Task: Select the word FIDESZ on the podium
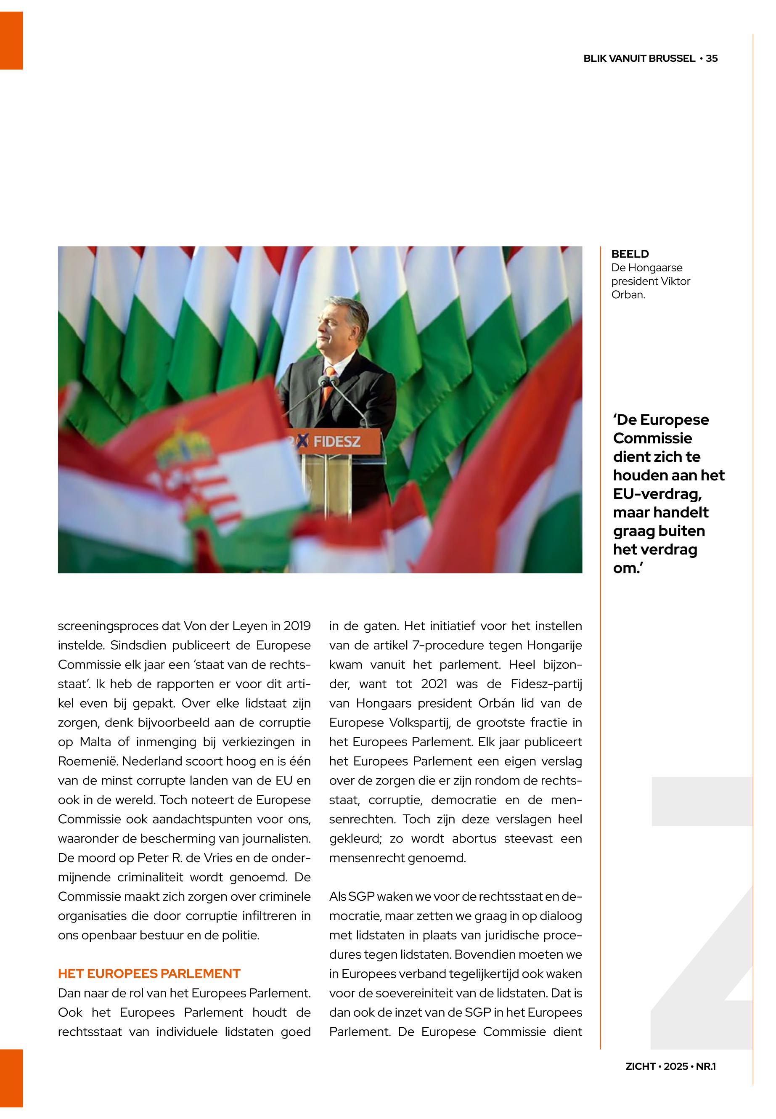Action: (337, 442)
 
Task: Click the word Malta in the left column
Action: (96, 742)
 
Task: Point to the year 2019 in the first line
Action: (297, 626)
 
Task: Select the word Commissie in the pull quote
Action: (652, 438)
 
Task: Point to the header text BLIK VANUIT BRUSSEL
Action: (639, 59)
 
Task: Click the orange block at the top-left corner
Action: (11, 40)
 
